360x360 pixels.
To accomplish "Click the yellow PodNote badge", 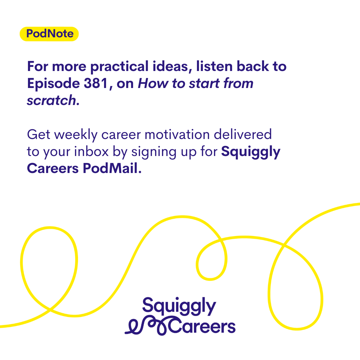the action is (49, 34).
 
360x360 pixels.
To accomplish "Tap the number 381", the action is (96, 83).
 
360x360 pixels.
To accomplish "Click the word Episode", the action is (53, 84).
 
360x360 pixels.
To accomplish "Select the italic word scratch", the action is (52, 100).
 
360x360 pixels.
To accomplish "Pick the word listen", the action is (214, 66).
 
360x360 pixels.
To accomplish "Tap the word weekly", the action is (76, 135).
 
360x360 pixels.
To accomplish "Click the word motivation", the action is (177, 135).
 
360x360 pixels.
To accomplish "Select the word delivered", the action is (243, 134).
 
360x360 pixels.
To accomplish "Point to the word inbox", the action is (91, 152).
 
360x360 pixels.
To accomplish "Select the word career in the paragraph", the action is (121, 135).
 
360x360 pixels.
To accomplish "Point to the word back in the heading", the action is (253, 66).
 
